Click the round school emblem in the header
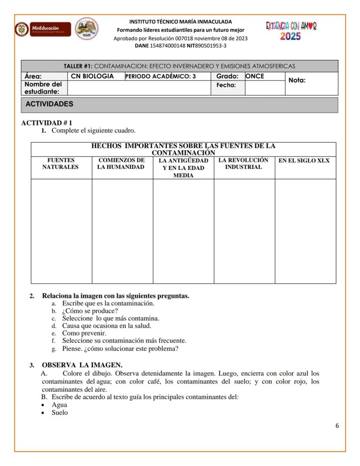pos(87,29)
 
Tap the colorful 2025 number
pos(290,36)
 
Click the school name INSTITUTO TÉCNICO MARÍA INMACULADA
pos(180,21)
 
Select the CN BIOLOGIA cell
pos(93,76)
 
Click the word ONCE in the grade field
pos(255,76)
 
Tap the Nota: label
pos(297,80)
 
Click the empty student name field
pos(139,88)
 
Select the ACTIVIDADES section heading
pos(49,104)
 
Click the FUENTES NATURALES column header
pos(61,164)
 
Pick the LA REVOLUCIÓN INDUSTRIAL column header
pos(243,164)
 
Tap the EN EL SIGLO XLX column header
pos(304,161)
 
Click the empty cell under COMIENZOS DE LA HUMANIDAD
pos(122,231)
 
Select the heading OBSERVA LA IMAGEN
pos(82,365)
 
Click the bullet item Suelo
pos(60,412)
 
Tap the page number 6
pos(337,426)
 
